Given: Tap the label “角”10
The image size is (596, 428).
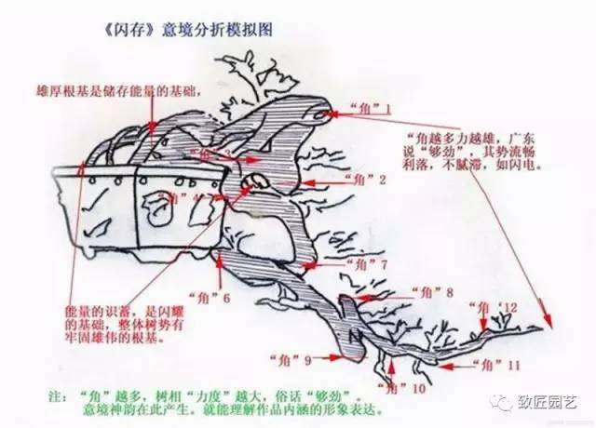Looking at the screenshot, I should (x=402, y=384).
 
